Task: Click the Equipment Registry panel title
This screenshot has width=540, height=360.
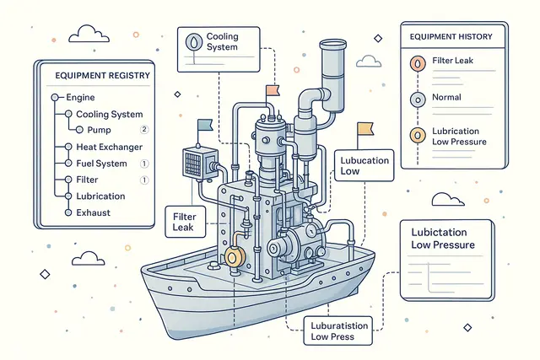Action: click(102, 76)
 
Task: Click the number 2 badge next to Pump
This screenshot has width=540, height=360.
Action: click(143, 130)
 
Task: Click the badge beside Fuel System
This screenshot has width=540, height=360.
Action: click(143, 163)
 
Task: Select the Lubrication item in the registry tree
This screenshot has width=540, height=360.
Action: click(100, 196)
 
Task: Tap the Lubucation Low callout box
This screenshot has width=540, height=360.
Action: click(365, 164)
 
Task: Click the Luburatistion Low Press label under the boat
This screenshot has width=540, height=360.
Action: click(330, 330)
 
